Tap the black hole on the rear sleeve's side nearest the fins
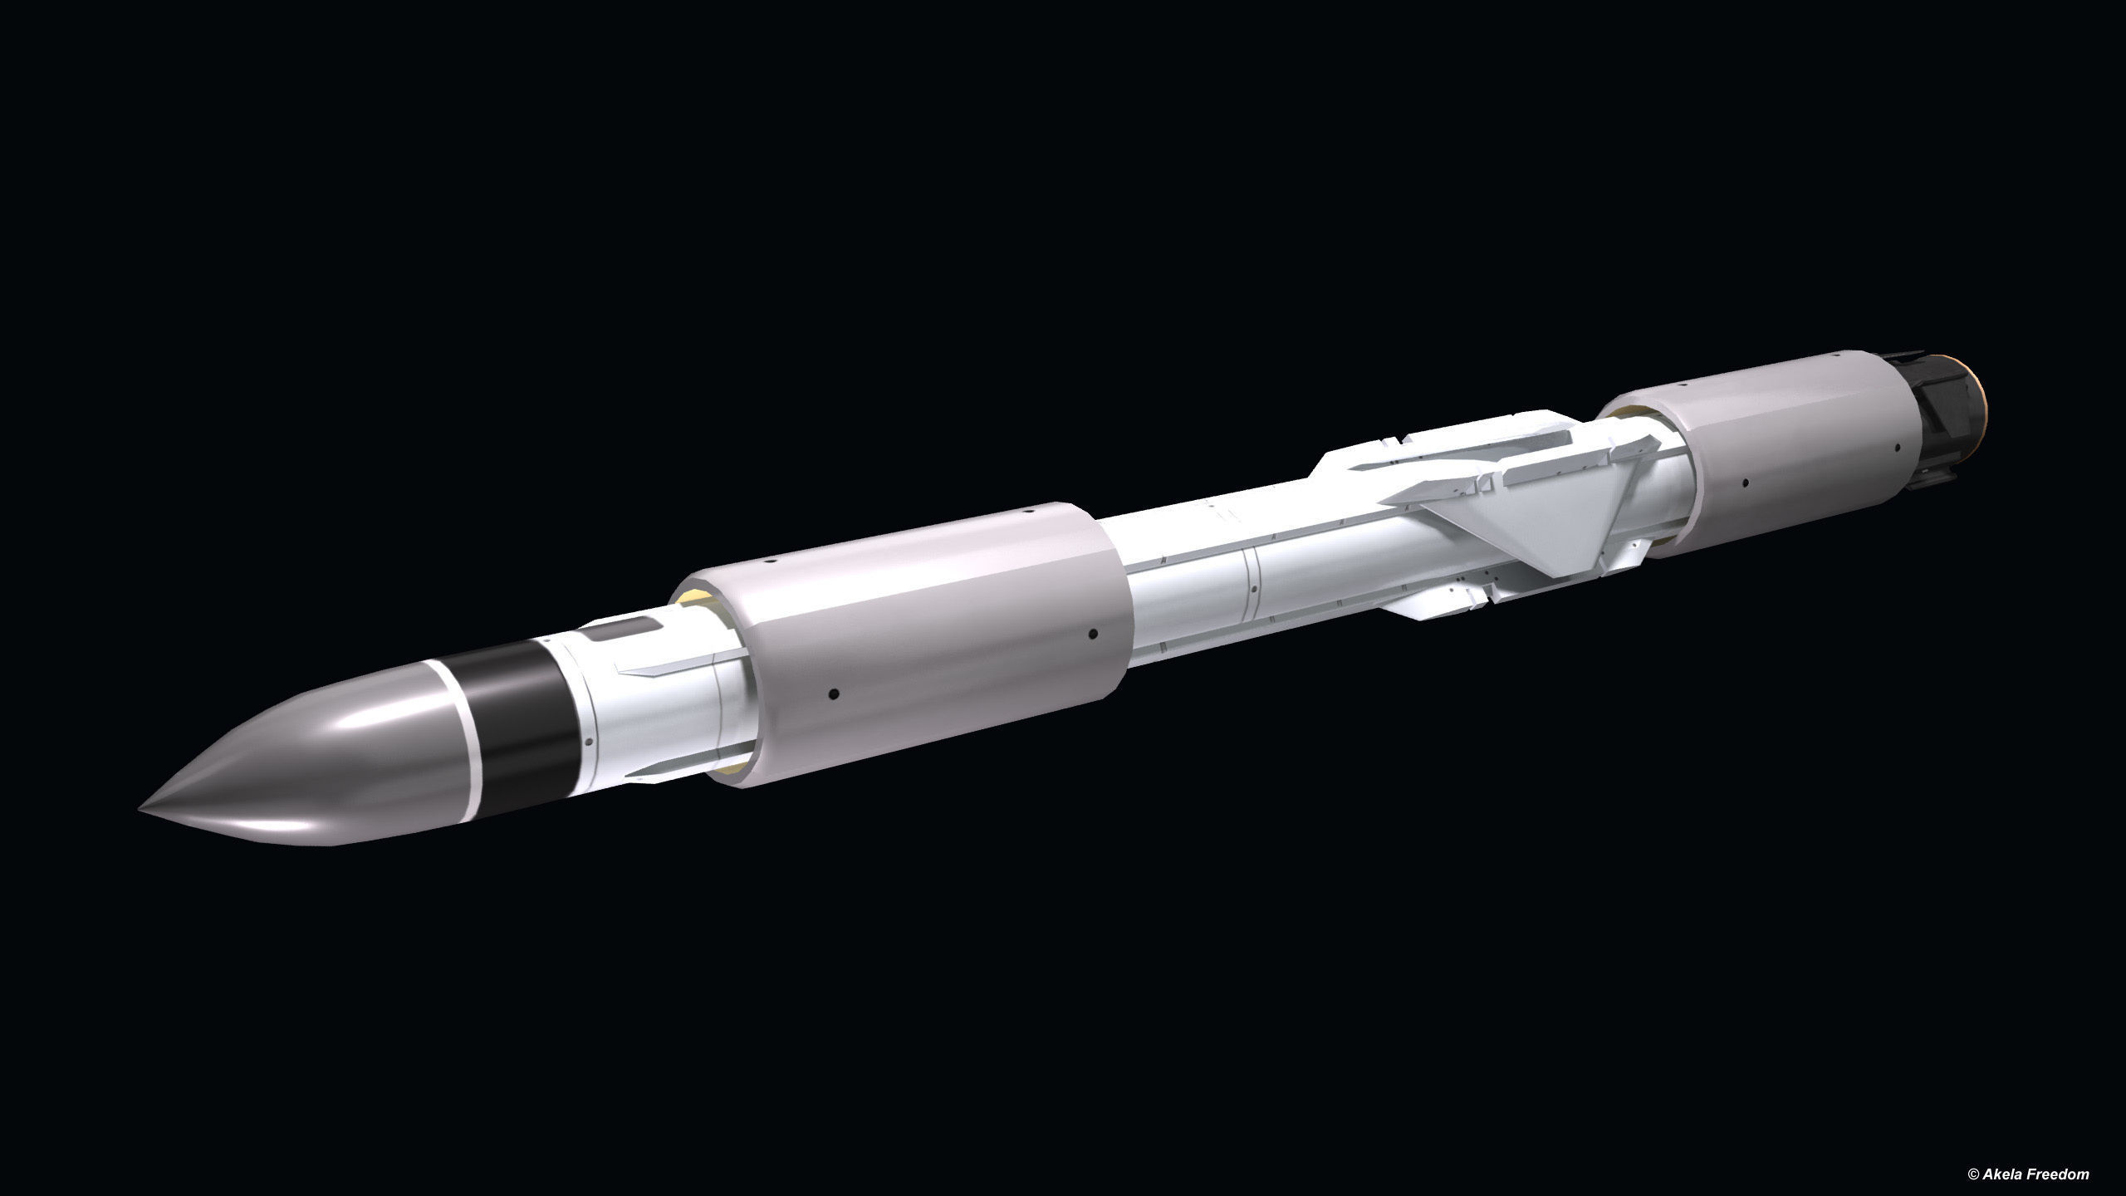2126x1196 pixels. click(x=1745, y=481)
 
